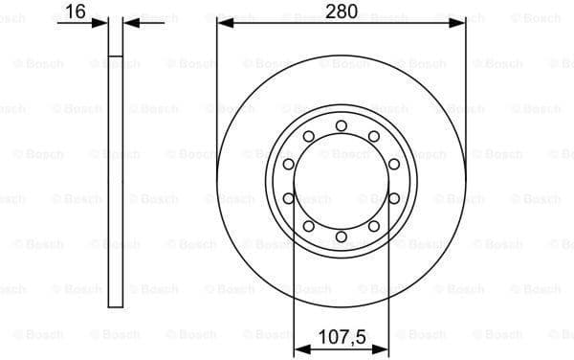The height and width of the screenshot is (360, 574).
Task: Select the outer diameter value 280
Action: [342, 11]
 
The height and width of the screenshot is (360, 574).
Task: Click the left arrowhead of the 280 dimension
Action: [223, 22]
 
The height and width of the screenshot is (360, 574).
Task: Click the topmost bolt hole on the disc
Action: [342, 124]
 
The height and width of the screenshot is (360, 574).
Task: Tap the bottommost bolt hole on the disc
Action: [342, 236]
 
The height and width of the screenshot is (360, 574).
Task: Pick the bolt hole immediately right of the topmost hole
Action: [374, 136]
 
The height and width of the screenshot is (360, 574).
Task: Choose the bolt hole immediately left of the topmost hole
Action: [308, 136]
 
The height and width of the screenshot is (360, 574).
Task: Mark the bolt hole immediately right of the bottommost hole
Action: [374, 226]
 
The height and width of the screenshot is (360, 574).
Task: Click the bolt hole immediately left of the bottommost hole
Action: [308, 226]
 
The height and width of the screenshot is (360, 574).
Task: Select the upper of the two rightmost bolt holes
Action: [394, 164]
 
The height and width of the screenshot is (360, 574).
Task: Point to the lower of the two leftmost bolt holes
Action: [288, 198]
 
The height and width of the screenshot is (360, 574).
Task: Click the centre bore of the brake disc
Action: [342, 181]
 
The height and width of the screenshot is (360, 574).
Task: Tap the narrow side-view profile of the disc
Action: [115, 182]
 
